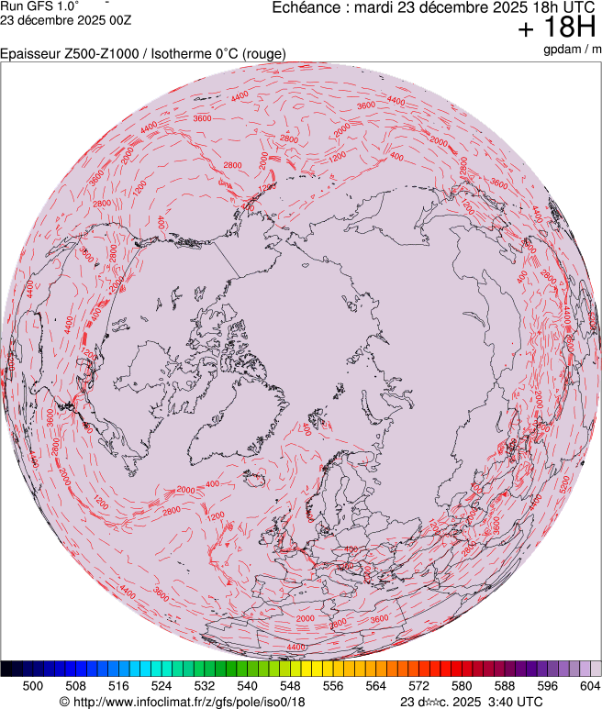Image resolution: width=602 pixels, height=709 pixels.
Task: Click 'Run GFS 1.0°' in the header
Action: (40, 6)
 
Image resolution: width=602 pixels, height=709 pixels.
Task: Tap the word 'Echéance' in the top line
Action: (306, 7)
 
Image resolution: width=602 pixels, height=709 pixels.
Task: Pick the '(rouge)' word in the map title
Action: (262, 54)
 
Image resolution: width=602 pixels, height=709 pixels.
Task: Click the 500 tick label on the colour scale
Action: (33, 685)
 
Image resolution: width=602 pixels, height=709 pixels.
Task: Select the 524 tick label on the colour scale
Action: (162, 685)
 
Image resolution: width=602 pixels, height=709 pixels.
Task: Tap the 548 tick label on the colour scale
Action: (290, 685)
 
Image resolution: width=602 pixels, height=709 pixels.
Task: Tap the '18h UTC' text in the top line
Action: (561, 7)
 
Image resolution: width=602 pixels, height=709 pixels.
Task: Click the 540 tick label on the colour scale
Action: (247, 685)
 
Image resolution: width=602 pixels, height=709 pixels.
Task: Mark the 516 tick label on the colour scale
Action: (118, 685)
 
